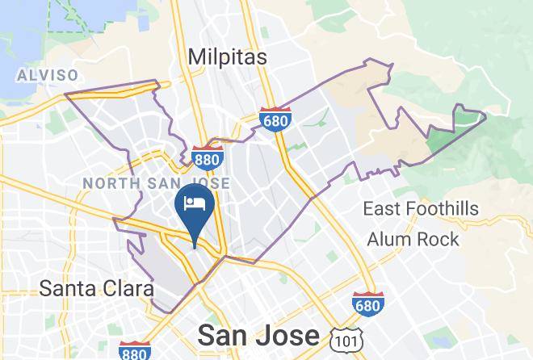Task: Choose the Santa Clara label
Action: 97,287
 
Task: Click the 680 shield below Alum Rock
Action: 368,303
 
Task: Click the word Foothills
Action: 449,209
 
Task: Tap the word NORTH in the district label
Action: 110,184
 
